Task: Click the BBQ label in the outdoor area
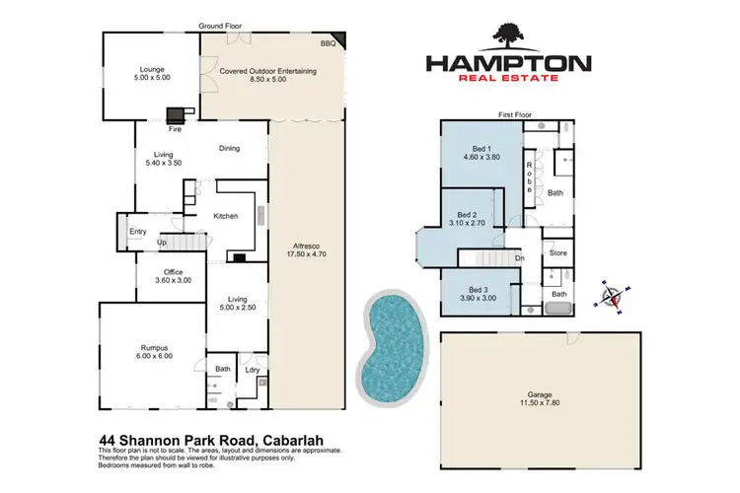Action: coord(328,44)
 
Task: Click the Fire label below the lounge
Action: coord(175,127)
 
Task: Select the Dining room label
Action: coord(229,149)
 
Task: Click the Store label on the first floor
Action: coord(558,253)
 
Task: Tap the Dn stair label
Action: coord(519,258)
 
